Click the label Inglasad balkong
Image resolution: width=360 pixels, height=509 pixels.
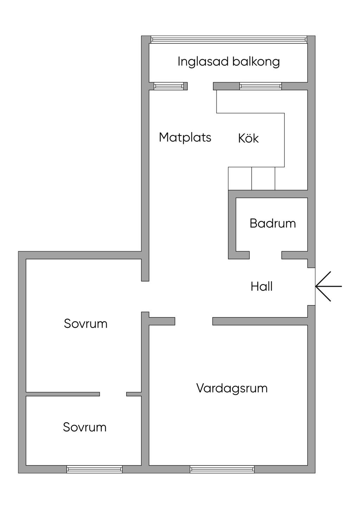coord(229,62)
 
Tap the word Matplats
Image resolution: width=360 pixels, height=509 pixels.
coord(185,137)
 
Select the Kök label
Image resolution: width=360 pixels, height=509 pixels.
coord(248,138)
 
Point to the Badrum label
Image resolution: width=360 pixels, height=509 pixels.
coord(272,223)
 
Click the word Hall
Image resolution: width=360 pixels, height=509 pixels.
coord(262,286)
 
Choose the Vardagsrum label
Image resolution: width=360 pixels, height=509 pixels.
coord(232,388)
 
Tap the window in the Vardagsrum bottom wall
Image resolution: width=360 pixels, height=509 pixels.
coord(222,469)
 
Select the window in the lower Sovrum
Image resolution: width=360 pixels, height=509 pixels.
coord(95,469)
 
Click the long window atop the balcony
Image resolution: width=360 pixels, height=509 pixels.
coord(229,39)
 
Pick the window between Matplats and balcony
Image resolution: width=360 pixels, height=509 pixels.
coord(169,86)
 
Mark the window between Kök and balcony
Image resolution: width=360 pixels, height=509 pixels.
coord(261,86)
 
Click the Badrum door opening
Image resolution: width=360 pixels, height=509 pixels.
coord(265,255)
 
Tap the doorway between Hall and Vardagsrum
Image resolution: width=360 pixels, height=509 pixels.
coord(194,321)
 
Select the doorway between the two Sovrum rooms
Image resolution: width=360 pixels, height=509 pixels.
coord(113,394)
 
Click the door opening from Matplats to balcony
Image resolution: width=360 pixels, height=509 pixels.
coord(200,86)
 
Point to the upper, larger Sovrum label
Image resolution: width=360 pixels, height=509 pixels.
coord(85,323)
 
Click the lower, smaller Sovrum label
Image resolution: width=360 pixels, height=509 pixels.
coord(85,427)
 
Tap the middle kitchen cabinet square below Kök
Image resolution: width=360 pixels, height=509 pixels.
coord(263,179)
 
